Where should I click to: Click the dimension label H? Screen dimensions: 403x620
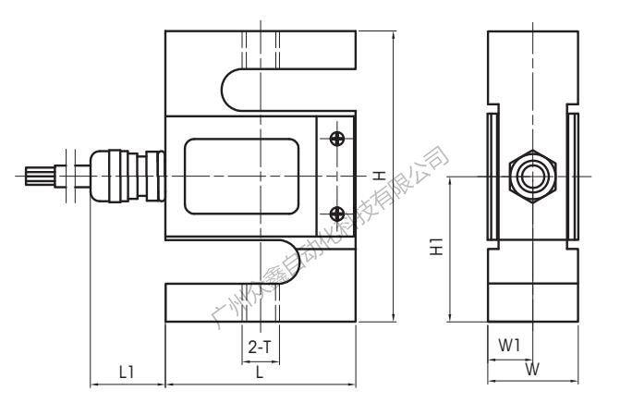[x=379, y=175]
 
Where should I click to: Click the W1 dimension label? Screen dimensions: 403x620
[x=509, y=345]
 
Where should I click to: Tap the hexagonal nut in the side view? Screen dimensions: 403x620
[x=532, y=175]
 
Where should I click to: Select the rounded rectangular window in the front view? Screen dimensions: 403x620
[x=242, y=176]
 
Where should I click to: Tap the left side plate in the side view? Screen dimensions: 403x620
[x=492, y=176]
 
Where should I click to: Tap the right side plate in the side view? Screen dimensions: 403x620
[x=573, y=176]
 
